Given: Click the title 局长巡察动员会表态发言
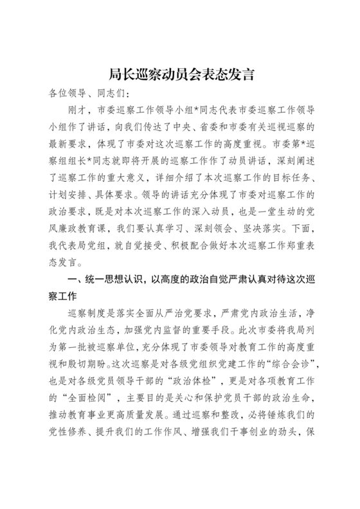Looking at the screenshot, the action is (x=180, y=75).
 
